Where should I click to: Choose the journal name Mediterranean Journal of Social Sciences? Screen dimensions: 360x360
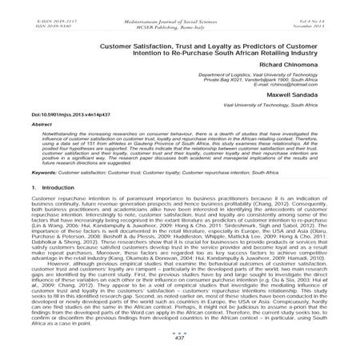pyautogui.click(x=178, y=7)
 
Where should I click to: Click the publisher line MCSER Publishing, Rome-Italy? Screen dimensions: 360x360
pyautogui.click(x=178, y=13)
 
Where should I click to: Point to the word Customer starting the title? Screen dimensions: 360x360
pyautogui.click(x=118, y=47)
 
